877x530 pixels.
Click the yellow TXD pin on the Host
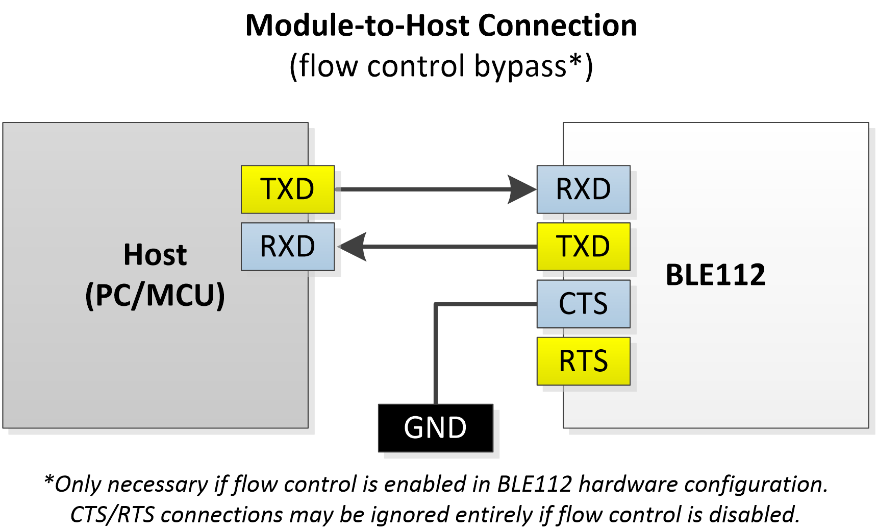coord(287,189)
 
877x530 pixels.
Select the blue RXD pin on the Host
coord(287,246)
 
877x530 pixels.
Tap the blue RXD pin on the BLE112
coord(583,189)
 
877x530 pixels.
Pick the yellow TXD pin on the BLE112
coord(583,246)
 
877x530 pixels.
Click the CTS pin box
coord(583,304)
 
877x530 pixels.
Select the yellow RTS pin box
coord(583,361)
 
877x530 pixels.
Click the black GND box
coord(435,428)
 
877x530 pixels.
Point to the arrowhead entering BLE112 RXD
coord(521,189)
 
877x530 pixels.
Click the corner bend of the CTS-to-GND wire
coord(436,304)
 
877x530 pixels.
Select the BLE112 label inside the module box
coord(715,275)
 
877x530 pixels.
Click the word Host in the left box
coord(155,254)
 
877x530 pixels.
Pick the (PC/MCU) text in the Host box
coord(155,295)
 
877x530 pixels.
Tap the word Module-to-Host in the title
coord(358,26)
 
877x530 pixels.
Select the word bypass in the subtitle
coord(520,66)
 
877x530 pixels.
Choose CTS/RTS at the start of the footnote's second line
coord(112,515)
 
